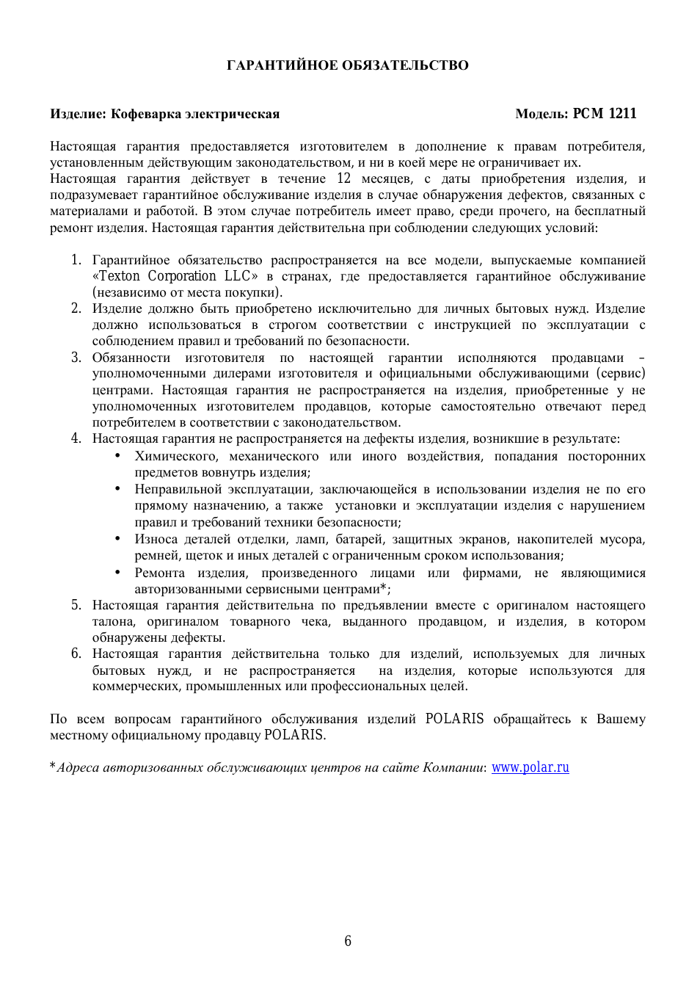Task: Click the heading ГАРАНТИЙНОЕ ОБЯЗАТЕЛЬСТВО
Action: click(347, 65)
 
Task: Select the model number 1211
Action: click(622, 114)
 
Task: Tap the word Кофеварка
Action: click(145, 114)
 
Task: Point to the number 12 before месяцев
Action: click(343, 178)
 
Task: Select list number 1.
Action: click(76, 260)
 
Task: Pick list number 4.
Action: click(76, 438)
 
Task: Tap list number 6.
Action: click(76, 654)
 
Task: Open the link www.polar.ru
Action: click(530, 767)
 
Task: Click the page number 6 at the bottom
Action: click(348, 941)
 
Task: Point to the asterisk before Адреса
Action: click(53, 766)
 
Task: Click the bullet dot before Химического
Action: click(117, 456)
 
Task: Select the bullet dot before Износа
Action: click(117, 539)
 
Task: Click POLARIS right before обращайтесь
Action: click(454, 719)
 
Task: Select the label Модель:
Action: click(542, 114)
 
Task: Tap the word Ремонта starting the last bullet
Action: click(159, 573)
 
